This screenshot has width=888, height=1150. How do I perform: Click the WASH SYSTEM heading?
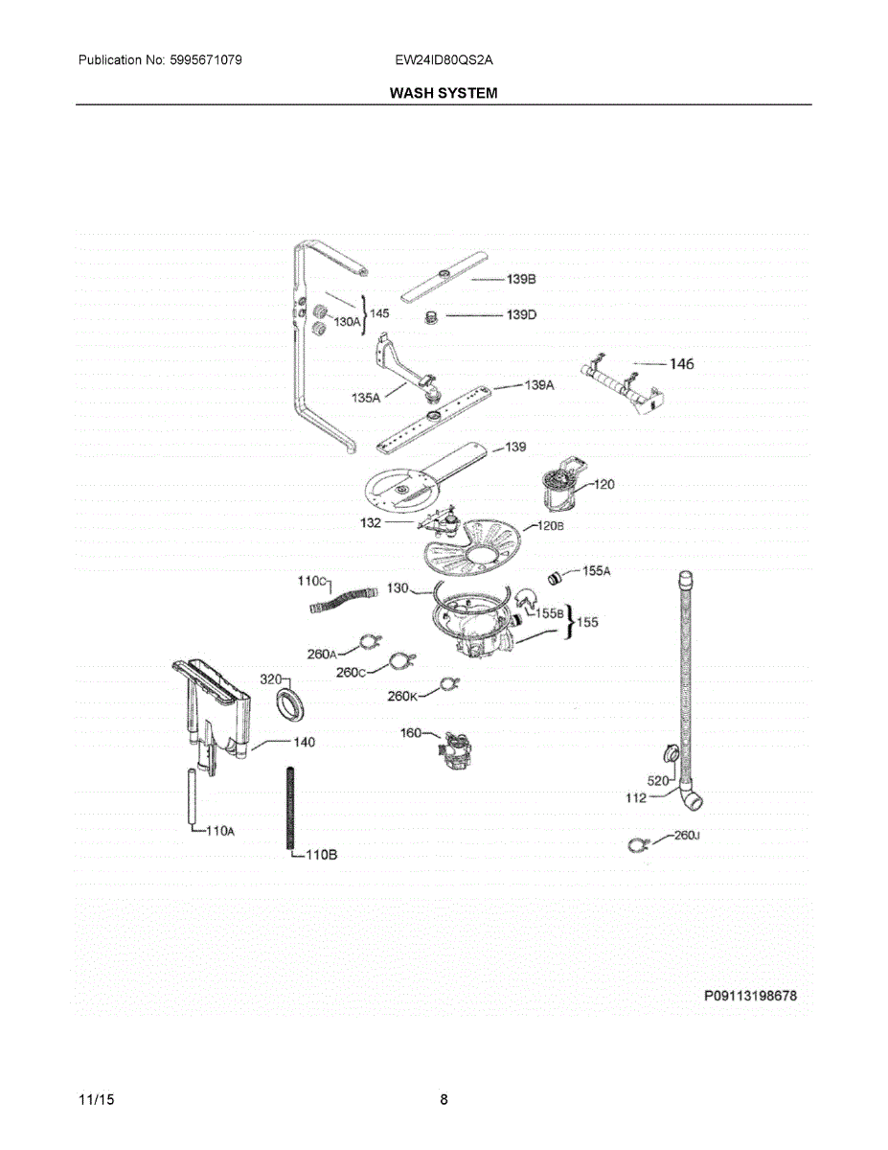click(x=444, y=93)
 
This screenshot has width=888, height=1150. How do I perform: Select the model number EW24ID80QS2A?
click(x=444, y=60)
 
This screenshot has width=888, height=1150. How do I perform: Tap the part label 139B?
click(x=521, y=279)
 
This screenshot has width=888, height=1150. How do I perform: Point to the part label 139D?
click(x=521, y=314)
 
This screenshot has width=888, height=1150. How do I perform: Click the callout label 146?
click(x=681, y=363)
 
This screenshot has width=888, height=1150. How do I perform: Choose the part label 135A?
click(x=364, y=396)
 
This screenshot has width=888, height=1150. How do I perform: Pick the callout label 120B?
click(x=550, y=526)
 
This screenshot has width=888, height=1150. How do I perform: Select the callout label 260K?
click(x=402, y=696)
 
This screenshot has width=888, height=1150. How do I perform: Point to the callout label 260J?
click(x=687, y=836)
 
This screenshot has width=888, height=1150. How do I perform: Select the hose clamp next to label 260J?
click(x=635, y=843)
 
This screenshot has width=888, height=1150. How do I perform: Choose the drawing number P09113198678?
click(x=750, y=997)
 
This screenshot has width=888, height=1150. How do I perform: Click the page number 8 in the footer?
click(x=444, y=1099)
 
